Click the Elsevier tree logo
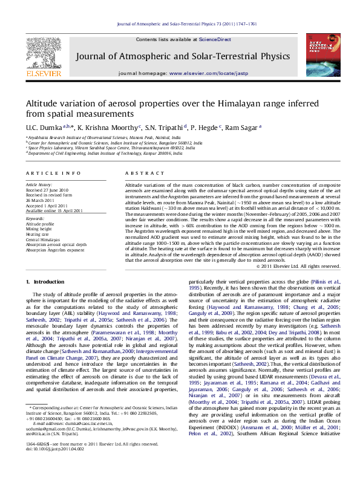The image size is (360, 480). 44,54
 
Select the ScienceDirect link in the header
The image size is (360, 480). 216,39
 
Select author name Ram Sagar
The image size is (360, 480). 242,127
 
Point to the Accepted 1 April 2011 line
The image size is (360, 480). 46,205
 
